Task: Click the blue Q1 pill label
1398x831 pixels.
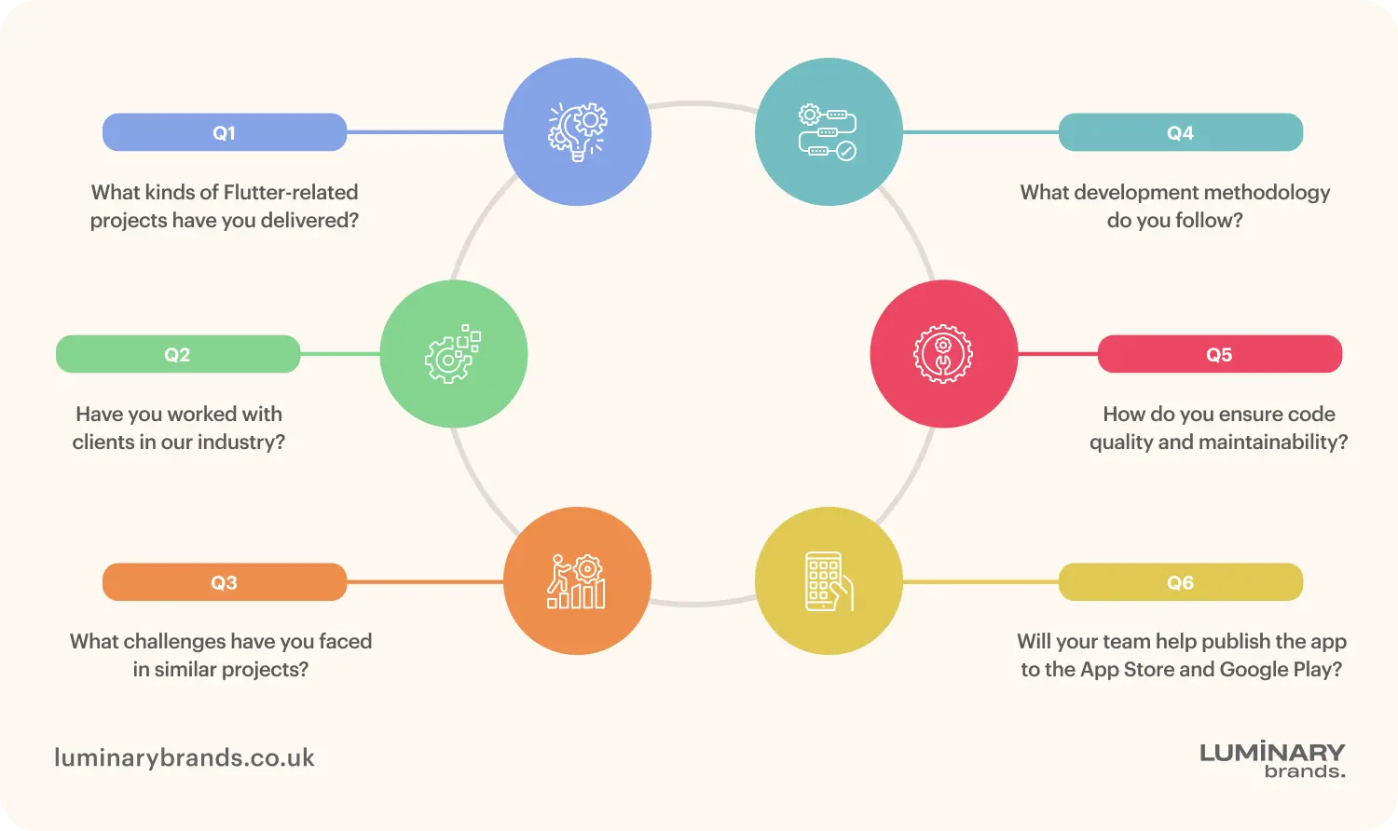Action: [224, 132]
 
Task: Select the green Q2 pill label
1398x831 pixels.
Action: [177, 354]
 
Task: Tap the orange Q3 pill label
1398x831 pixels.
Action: [224, 582]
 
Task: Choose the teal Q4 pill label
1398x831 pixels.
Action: [1180, 132]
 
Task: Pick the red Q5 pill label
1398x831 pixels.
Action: [1219, 354]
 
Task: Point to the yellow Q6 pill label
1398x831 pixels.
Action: [1180, 582]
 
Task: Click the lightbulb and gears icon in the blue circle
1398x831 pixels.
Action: [577, 131]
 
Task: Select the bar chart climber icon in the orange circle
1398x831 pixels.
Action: [577, 581]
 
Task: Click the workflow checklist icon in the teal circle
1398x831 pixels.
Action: [828, 131]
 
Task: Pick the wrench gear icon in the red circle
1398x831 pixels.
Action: [943, 354]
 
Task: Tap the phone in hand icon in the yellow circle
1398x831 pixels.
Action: [828, 581]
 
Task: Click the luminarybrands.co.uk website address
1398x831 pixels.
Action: [185, 757]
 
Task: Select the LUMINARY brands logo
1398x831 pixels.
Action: [1272, 759]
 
